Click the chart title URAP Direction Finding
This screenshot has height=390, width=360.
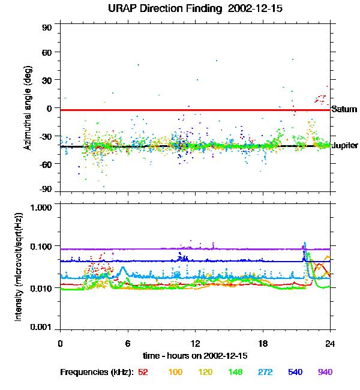point(158,9)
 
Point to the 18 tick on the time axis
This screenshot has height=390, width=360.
point(263,343)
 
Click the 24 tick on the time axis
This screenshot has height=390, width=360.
point(330,343)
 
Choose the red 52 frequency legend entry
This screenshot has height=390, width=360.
point(143,372)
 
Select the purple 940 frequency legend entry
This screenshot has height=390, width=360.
point(326,372)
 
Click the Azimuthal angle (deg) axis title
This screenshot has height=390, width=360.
point(28,108)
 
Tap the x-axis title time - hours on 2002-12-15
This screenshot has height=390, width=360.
point(195,356)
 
